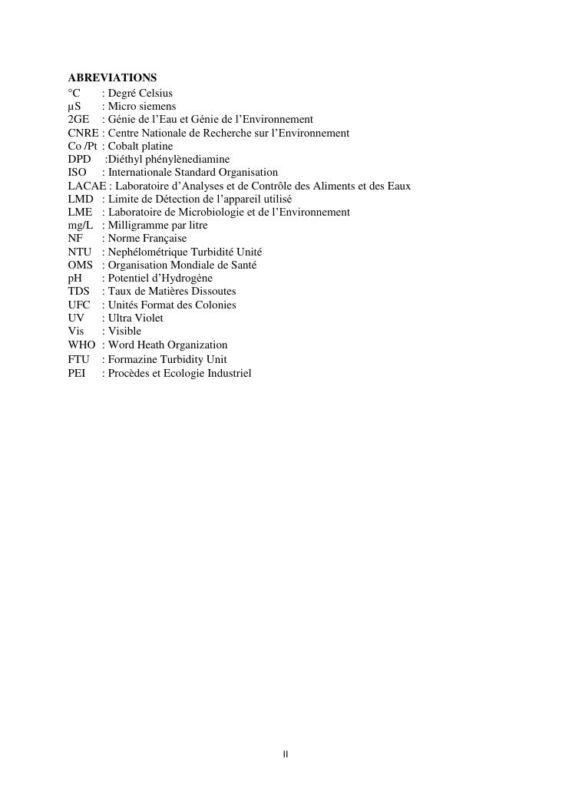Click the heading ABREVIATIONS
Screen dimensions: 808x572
(x=112, y=78)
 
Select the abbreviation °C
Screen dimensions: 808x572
(x=74, y=93)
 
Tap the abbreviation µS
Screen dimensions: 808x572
(x=74, y=106)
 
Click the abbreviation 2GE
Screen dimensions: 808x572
(x=78, y=119)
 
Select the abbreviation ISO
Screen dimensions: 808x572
(x=77, y=173)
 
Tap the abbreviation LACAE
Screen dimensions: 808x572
(x=87, y=186)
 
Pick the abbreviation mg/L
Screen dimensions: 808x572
(x=80, y=225)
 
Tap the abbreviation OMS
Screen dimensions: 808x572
(x=80, y=265)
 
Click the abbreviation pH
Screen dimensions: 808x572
(x=74, y=278)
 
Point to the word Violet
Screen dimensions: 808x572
(x=149, y=318)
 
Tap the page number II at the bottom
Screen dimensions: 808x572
(x=286, y=754)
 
